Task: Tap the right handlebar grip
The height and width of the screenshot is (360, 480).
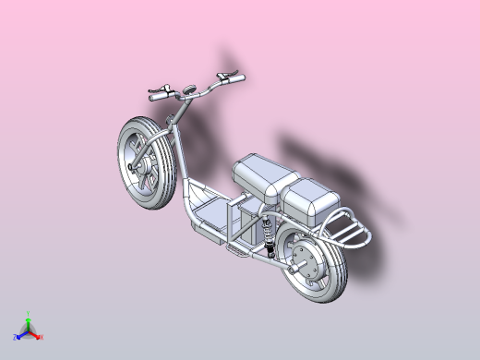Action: click(231, 77)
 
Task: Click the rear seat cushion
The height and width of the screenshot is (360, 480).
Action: click(312, 198)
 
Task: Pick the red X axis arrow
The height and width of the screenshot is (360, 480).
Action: click(39, 337)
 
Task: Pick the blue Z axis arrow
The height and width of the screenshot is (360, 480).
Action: click(18, 337)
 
